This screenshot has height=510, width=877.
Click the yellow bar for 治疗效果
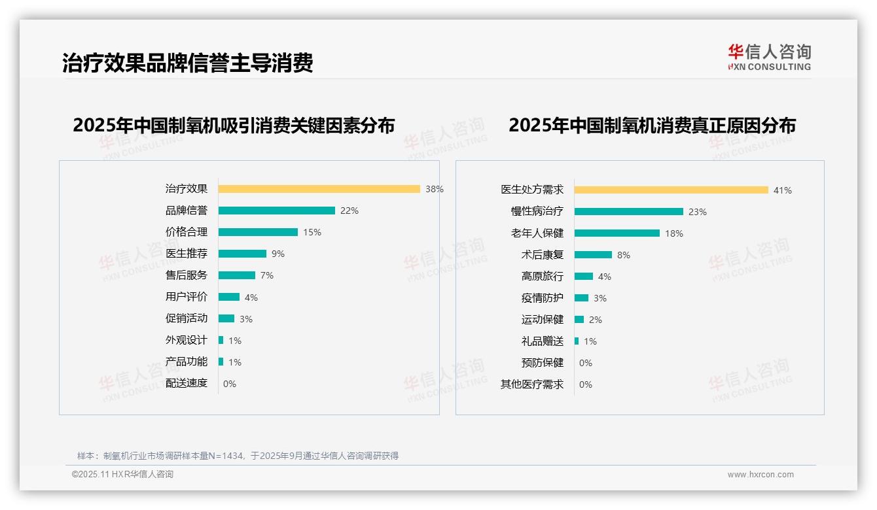pos(319,189)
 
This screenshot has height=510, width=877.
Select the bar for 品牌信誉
pos(276,211)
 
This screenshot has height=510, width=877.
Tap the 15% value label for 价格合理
pos(312,232)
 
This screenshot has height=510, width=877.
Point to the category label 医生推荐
pos(186,254)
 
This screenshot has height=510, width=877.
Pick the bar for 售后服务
pos(236,275)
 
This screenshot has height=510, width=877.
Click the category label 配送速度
pos(186,383)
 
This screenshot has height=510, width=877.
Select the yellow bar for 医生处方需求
pos(671,190)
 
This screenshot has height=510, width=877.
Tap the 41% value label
pos(782,190)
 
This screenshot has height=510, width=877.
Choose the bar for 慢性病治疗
pos(628,212)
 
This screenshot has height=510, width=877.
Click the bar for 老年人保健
pos(617,233)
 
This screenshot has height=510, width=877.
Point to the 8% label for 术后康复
pos(623,255)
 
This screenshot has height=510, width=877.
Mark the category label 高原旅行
pos(542,277)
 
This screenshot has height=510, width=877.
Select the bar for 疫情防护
pos(581,298)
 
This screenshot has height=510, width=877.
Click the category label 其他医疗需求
pos(531,384)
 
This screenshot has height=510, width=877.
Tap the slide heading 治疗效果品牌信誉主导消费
pos(187,63)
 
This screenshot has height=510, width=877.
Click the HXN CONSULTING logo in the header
pos(769,58)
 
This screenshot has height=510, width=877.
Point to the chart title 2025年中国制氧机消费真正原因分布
pos(652,126)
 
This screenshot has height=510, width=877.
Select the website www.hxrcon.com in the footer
pos(761,475)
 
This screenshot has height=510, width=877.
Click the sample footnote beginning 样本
pos(238,456)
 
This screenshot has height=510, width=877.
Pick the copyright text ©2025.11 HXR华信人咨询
pos(122,475)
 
